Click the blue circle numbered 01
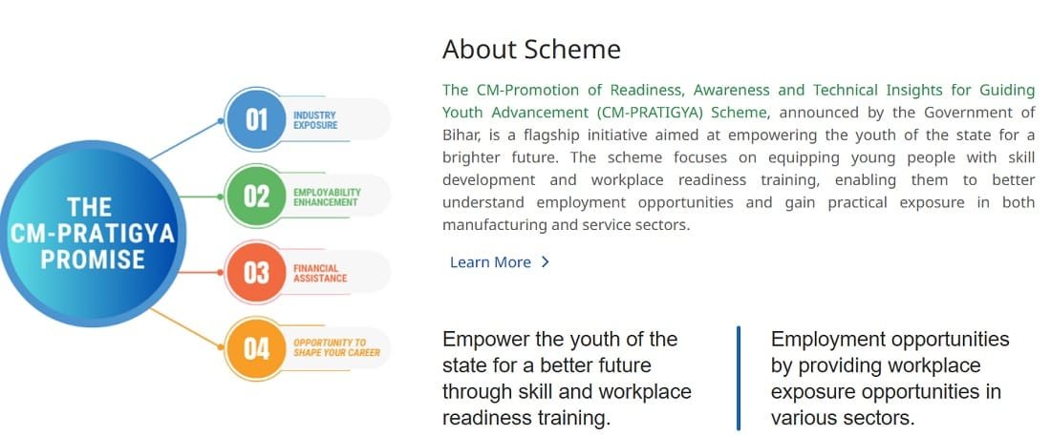(x=256, y=120)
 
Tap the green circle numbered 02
(x=256, y=197)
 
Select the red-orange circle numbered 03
(x=256, y=273)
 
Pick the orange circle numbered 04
(x=256, y=349)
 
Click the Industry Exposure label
(x=315, y=120)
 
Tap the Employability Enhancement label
(x=327, y=197)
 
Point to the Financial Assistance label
(x=320, y=273)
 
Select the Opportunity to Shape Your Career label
(x=336, y=347)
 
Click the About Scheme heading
(x=531, y=50)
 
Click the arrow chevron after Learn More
(x=545, y=261)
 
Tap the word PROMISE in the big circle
(x=93, y=260)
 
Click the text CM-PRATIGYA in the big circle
(x=93, y=234)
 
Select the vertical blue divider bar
(x=738, y=378)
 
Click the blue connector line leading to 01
(x=185, y=140)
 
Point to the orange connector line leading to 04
(x=185, y=328)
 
